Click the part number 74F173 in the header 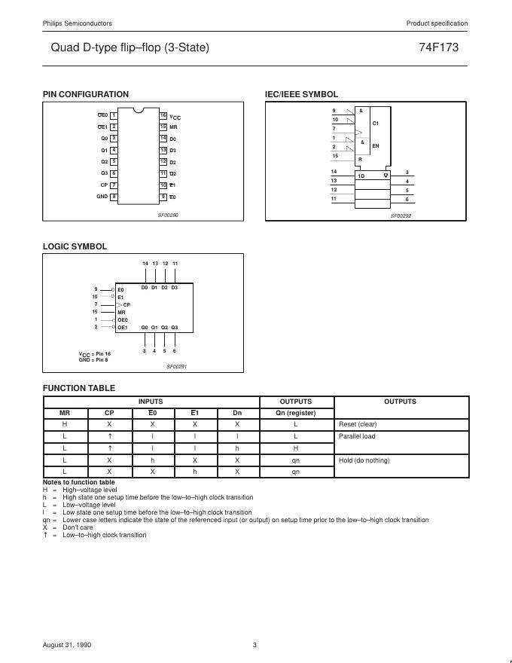(438, 47)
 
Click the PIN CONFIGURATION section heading (85, 94)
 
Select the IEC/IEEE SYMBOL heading (301, 94)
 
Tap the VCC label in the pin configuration (175, 117)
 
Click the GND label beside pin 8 (102, 197)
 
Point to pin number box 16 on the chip (163, 115)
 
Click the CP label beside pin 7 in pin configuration (104, 185)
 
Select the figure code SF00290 (168, 215)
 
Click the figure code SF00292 (401, 216)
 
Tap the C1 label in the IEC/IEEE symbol (376, 123)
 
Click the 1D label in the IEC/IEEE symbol (361, 176)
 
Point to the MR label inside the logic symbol (121, 312)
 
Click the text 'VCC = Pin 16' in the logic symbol (95, 353)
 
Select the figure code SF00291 (176, 366)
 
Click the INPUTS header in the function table (151, 402)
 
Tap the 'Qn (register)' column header (296, 413)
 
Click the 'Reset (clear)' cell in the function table (358, 424)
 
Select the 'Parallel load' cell (356, 436)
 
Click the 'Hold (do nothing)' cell (364, 460)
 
